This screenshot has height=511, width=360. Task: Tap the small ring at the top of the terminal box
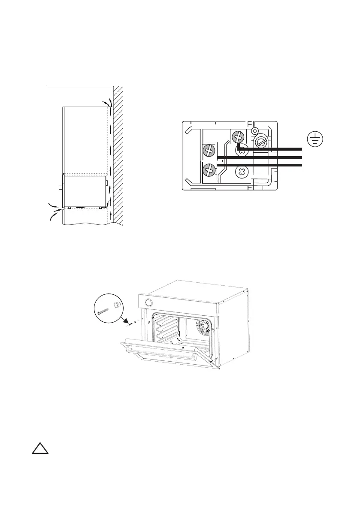pos(254,130)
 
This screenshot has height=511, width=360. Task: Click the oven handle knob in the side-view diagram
pos(59,187)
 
